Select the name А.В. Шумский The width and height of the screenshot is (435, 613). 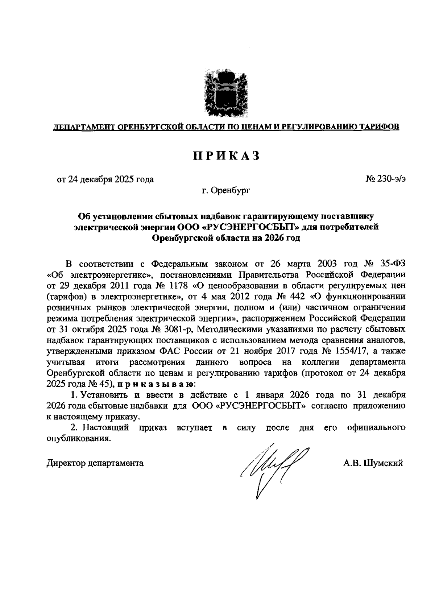pos(373,463)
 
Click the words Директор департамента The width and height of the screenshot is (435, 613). pos(95,463)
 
